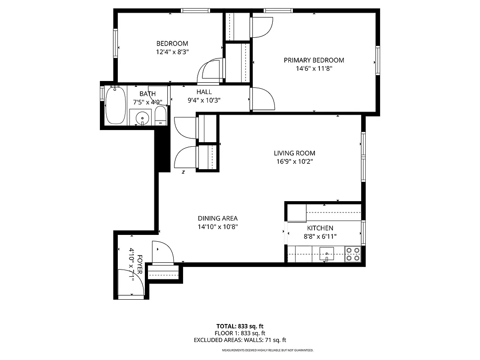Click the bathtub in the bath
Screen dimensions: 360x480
[x=115, y=105]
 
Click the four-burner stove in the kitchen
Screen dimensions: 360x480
[x=352, y=254]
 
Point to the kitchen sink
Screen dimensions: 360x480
[x=327, y=254]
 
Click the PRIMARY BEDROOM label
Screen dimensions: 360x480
[x=314, y=60]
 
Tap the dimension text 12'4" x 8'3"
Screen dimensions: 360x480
[x=172, y=52]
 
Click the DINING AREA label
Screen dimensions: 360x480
[x=217, y=219]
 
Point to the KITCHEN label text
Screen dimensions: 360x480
[x=320, y=228]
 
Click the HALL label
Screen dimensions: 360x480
[x=204, y=92]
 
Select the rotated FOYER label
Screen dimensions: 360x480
[x=139, y=265]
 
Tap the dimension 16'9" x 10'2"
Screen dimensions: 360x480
[x=295, y=161]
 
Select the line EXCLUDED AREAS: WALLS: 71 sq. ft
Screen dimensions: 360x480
[x=240, y=340]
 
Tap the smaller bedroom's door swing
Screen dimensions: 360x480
[x=211, y=71]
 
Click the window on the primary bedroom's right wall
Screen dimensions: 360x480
[x=378, y=60]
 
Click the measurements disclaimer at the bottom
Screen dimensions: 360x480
[x=267, y=350]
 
